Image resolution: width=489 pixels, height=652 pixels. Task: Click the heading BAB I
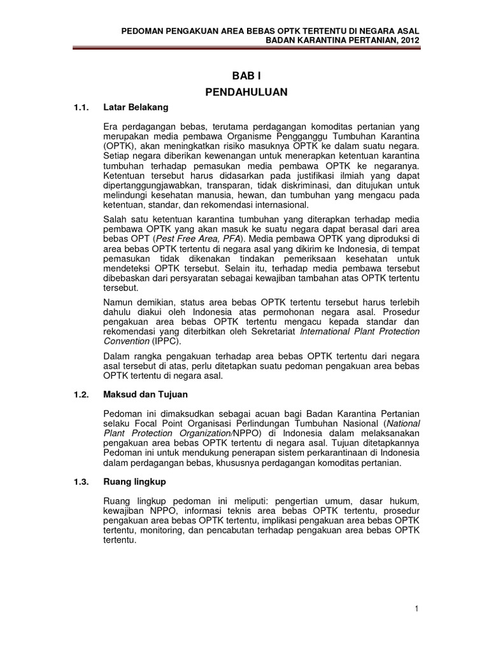click(x=247, y=75)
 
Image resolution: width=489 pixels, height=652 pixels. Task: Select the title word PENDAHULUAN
click(x=247, y=92)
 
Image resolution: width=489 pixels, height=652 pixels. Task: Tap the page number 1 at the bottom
click(x=416, y=609)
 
